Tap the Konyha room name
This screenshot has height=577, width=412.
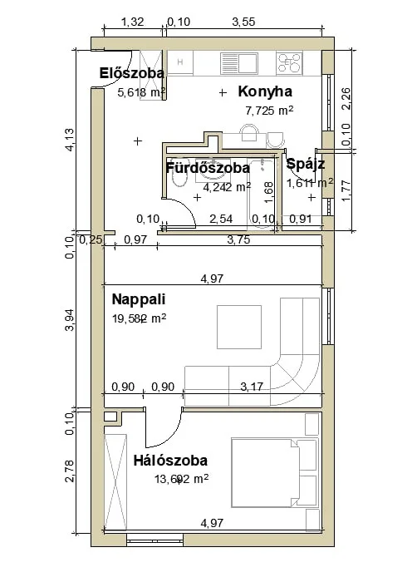(265, 91)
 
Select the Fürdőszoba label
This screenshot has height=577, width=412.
(208, 168)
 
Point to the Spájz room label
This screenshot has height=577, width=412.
(305, 165)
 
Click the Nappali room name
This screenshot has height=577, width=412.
(140, 298)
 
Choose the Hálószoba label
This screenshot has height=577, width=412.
(170, 460)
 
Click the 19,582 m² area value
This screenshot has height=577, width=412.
(139, 317)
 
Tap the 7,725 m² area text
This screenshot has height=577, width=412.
(268, 110)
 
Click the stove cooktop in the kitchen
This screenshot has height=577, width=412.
(288, 62)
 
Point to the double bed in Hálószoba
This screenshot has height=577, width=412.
(274, 472)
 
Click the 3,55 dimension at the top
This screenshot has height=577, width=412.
(243, 22)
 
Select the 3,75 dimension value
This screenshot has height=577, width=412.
(238, 240)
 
